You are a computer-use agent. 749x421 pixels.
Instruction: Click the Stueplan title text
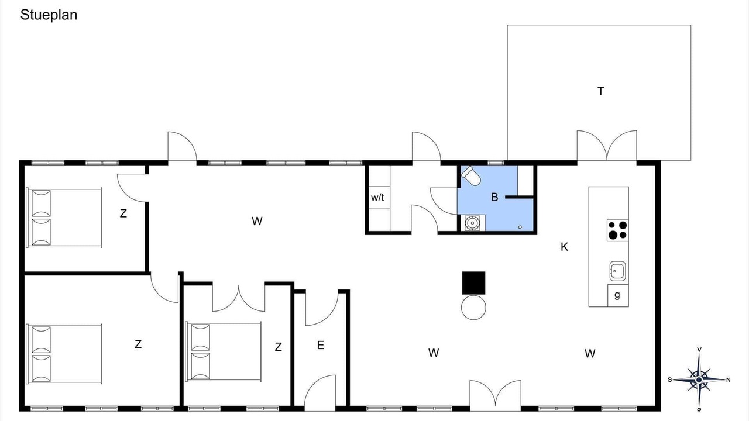tap(49, 15)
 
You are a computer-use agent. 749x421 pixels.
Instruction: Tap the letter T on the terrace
tap(600, 91)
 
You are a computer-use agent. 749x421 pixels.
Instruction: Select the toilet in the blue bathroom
tap(471, 175)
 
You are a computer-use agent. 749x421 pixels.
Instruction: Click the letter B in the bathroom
tap(494, 197)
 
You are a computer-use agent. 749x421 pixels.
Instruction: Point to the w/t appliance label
tap(377, 198)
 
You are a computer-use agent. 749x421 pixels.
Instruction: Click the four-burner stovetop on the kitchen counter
tap(617, 230)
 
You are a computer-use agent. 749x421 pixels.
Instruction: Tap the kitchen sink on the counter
tap(617, 271)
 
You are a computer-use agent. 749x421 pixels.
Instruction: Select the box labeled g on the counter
tap(618, 295)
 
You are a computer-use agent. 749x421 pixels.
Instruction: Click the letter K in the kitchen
tap(564, 247)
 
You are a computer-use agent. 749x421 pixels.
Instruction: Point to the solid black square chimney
tap(473, 283)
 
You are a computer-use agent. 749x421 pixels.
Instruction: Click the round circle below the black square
tap(473, 308)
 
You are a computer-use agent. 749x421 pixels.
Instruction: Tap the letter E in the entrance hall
tap(320, 345)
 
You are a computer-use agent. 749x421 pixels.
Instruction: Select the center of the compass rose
tap(699, 380)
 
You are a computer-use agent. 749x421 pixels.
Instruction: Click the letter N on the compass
tap(729, 380)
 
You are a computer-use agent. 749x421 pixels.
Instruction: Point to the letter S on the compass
tap(670, 379)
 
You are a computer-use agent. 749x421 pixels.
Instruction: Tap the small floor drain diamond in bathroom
tap(520, 227)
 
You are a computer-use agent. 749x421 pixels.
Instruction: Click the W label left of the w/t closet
tap(257, 221)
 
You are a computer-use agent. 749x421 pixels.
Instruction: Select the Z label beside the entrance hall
tap(278, 347)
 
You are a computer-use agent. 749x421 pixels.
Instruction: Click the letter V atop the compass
tap(699, 350)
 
